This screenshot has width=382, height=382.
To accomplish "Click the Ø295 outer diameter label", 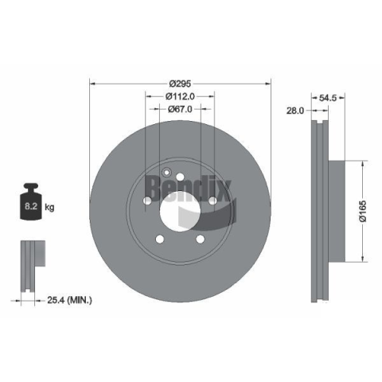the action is point(180,84).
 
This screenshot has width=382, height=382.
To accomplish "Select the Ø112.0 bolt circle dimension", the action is point(180,96).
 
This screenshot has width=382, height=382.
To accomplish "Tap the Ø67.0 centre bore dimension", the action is point(180,109).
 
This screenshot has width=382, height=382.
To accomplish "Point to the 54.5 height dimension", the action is point(328,98).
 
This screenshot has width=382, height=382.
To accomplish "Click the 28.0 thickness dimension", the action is point(295,111).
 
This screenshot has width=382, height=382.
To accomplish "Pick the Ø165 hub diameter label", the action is point(363,211).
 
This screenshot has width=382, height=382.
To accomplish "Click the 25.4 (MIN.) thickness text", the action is point(69,300).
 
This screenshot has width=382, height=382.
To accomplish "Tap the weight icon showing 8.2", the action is point(31,201).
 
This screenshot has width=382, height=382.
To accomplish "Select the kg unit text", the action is point(49,207).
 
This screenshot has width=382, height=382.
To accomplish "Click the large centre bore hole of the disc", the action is point(180,212).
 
